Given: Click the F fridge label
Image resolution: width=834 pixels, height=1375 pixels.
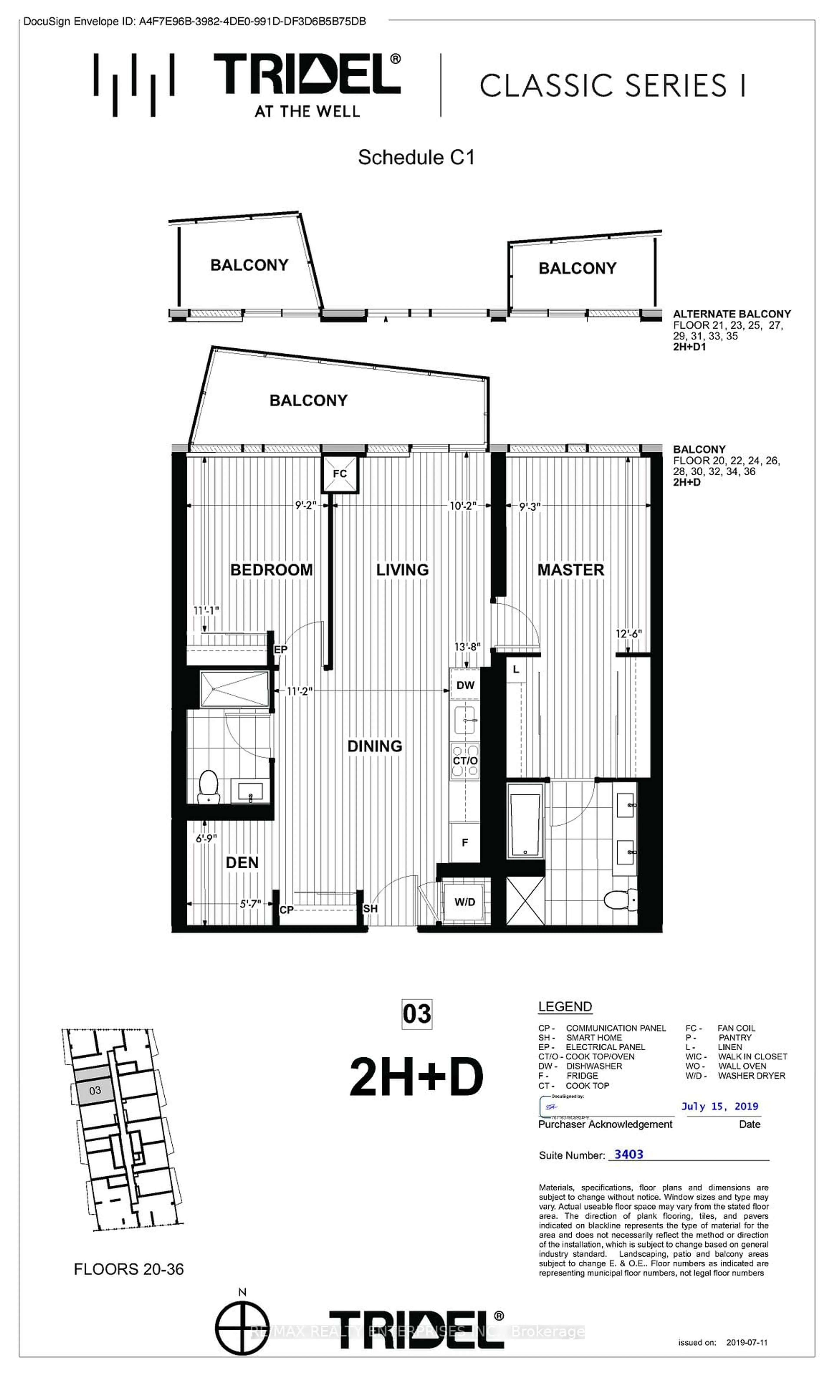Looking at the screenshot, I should click(x=464, y=843).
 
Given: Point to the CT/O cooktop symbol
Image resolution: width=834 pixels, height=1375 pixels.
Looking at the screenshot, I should click(x=465, y=761).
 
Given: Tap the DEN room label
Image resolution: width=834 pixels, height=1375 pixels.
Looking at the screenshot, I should click(x=242, y=863).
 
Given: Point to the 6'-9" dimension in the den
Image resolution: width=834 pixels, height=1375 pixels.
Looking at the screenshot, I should click(x=206, y=838).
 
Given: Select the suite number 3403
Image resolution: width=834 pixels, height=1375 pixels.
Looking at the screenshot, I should click(x=629, y=1155).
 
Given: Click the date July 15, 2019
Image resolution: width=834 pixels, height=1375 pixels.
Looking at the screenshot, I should click(x=720, y=1107).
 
